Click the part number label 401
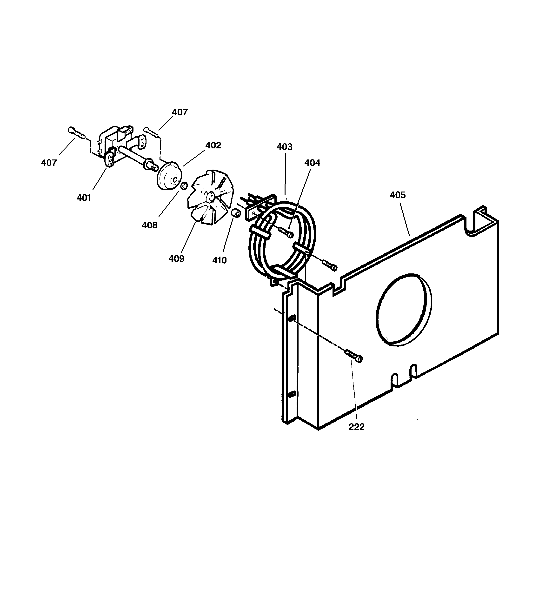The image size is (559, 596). pyautogui.click(x=84, y=198)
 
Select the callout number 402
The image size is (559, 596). pyautogui.click(x=213, y=146)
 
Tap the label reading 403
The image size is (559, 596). pyautogui.click(x=284, y=147)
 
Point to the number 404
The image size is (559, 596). pyautogui.click(x=312, y=163)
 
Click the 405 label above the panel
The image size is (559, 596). pyautogui.click(x=398, y=195)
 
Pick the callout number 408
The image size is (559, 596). pyautogui.click(x=149, y=225)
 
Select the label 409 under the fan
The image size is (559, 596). pyautogui.click(x=176, y=259)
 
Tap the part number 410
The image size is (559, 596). pyautogui.click(x=220, y=260)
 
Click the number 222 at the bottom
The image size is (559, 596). pyautogui.click(x=356, y=427)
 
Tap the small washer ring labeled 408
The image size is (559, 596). pyautogui.click(x=184, y=186)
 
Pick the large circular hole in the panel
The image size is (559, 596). pyautogui.click(x=404, y=310)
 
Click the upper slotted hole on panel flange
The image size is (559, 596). pyautogui.click(x=293, y=318)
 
